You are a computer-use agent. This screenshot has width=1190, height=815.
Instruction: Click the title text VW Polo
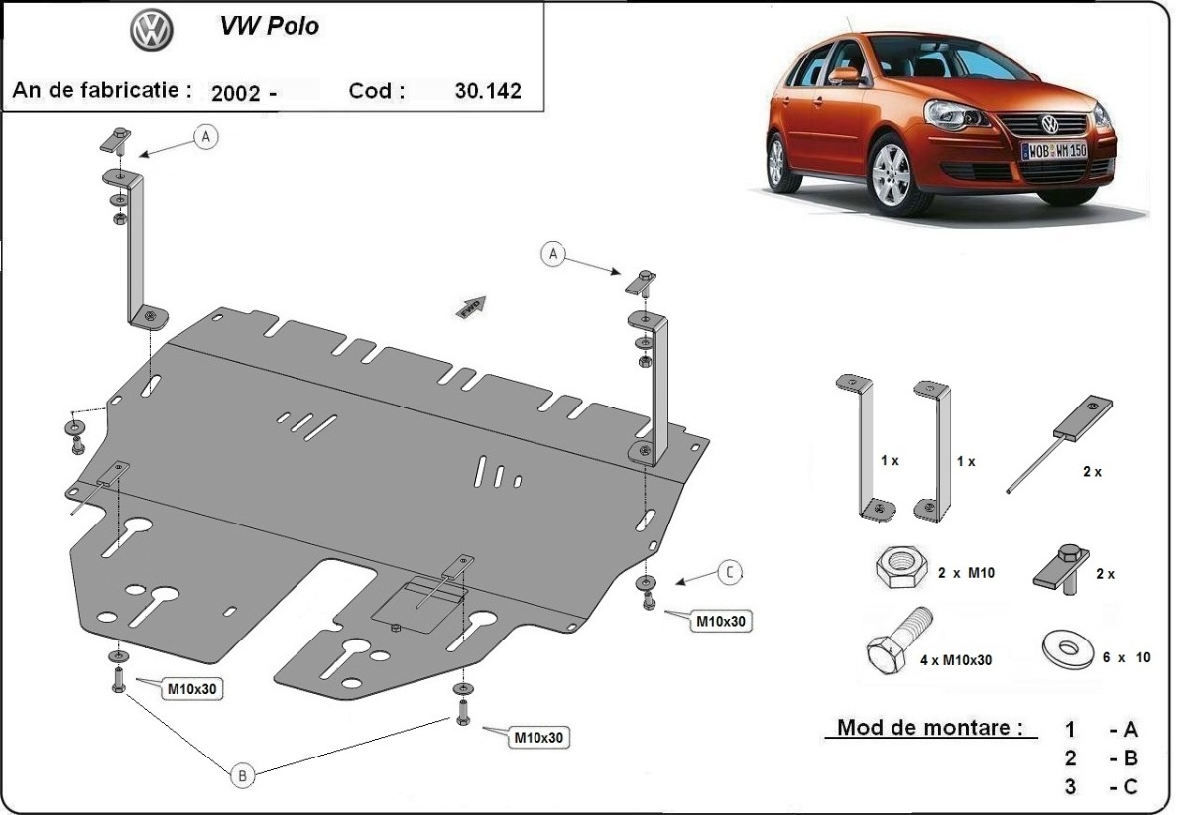coord(270,27)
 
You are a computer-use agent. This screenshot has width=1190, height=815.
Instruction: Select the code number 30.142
coord(487,91)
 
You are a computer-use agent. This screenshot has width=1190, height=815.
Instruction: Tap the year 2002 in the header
coord(236,93)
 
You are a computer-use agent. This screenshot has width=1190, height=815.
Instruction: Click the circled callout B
coord(242,776)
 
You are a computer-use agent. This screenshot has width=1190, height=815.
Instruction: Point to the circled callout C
coord(729,572)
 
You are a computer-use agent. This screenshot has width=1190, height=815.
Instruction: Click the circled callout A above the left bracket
coord(206,138)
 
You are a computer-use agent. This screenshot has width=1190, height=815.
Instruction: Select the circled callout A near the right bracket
coord(553,255)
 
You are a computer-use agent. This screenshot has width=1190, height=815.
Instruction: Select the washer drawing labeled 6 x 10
coord(1068,650)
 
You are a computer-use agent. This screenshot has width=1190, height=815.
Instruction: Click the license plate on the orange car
coord(1054,150)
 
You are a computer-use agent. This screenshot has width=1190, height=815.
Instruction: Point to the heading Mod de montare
coord(929,727)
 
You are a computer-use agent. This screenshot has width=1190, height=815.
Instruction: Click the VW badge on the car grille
coord(1049,125)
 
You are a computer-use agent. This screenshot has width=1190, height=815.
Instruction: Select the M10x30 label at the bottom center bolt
coord(538,737)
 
